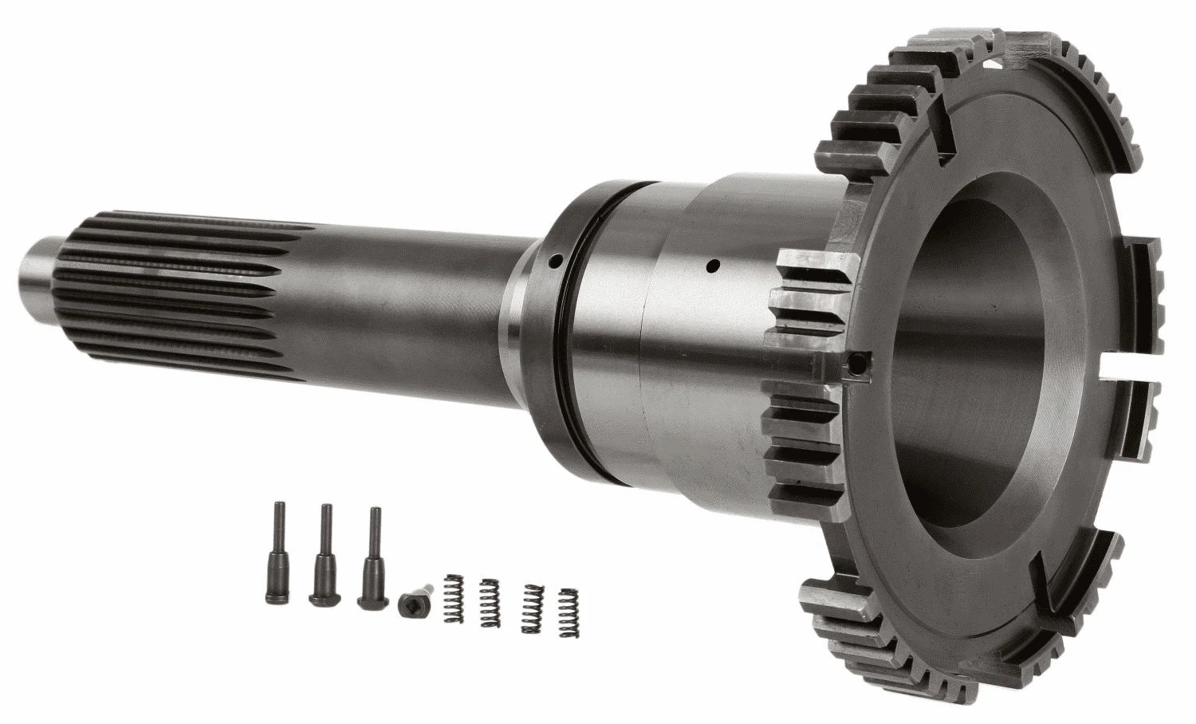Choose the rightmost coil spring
tap(568, 612)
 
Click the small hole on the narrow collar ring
tap(556, 260)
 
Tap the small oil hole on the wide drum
tap(714, 263)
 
